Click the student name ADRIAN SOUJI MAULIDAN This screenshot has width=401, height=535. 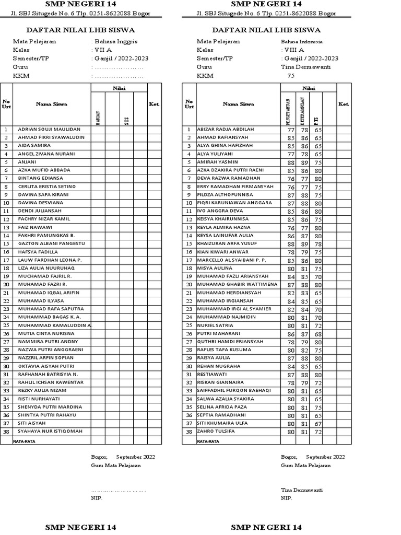coord(49,129)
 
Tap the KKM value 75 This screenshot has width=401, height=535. coord(291,76)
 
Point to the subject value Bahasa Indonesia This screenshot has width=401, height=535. coord(302,41)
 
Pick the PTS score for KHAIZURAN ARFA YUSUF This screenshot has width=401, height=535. coord(317,244)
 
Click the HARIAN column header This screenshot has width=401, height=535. coord(98,118)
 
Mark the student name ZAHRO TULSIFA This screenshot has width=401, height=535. coord(216,432)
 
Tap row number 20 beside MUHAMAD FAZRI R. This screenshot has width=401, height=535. coord(6,285)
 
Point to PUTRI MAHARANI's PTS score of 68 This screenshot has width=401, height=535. coord(317,333)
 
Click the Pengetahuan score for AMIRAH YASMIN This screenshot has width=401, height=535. coord(291,162)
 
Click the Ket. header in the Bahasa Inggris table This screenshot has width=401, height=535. coord(154,104)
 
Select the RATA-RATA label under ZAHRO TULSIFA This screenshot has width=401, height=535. coord(208,441)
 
